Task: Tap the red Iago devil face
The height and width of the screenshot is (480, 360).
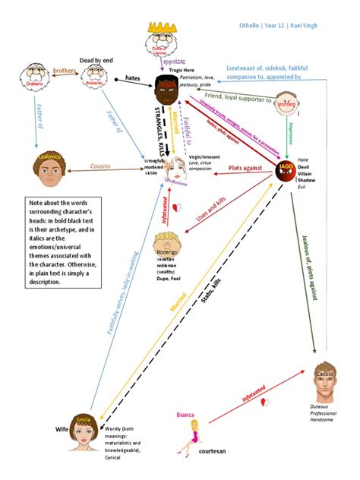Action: point(286,171)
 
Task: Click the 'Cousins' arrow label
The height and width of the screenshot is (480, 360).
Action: point(104,166)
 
